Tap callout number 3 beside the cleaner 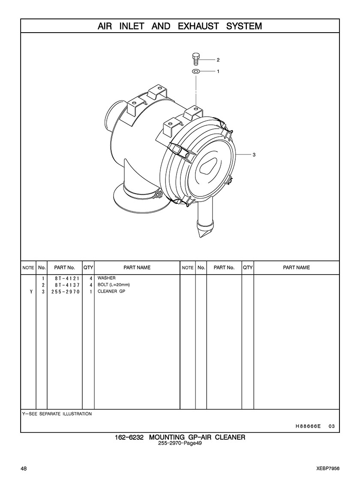254,154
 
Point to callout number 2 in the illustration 218,60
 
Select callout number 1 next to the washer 218,71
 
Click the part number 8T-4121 67,278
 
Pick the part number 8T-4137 67,285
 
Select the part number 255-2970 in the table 66,292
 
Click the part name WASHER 106,278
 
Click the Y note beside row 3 31,292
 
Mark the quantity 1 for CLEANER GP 91,292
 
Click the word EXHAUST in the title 198,26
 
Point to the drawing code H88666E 308,426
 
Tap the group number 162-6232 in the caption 129,437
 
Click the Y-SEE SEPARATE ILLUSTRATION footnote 57,414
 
